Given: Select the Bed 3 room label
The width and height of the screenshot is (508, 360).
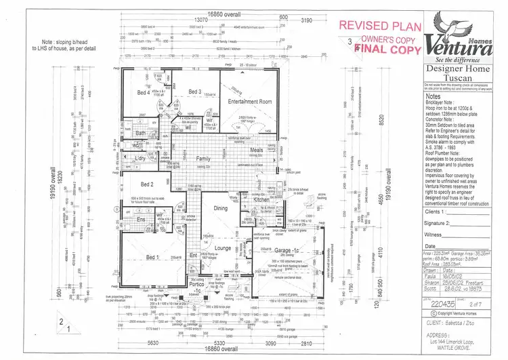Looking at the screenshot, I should (195, 92).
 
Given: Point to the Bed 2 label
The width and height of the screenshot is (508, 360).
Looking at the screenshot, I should (148, 184).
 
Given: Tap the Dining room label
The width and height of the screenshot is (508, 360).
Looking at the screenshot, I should (220, 209).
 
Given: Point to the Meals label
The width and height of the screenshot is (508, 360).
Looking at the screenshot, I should (256, 151).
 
